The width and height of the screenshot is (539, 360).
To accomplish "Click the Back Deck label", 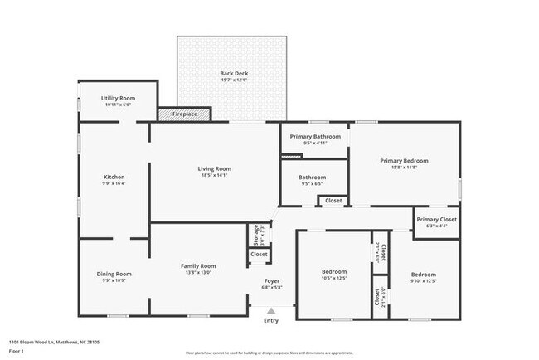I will click(234, 73).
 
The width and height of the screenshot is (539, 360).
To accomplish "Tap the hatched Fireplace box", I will click(184, 114).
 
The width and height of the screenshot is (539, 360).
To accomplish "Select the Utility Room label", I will click(118, 98).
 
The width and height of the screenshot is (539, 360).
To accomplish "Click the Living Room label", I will click(214, 168).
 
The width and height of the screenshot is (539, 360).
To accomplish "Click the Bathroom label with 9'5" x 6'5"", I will click(312, 177).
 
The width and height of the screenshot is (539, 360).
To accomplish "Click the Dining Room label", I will click(114, 273).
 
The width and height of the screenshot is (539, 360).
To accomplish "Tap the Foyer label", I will click(271, 280).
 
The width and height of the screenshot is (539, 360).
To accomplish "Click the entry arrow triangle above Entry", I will click(271, 310).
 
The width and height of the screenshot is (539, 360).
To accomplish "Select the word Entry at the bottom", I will click(271, 320).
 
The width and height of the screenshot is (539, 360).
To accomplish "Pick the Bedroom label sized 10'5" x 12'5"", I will click(334, 271).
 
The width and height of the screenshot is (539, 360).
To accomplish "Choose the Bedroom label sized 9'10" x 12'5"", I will click(423, 274).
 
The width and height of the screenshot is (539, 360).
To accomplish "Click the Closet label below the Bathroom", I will click(333, 201).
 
